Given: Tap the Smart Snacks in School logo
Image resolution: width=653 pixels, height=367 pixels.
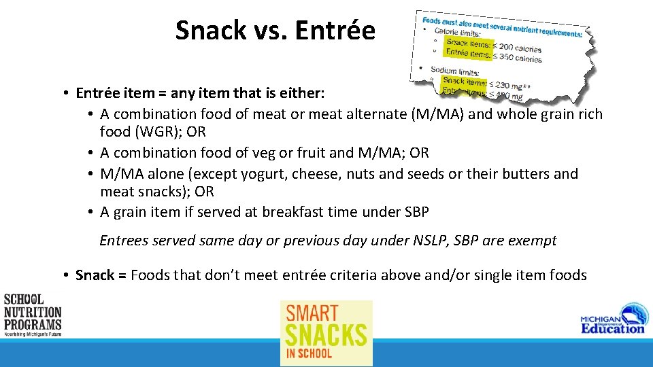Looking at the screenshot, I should coord(326,333).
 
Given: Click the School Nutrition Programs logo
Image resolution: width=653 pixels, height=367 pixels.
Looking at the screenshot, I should coord(32,314).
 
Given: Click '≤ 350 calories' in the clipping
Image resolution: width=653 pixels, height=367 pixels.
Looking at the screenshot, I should coord(518,58).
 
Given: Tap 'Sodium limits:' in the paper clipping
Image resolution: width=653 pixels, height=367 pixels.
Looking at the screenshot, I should coord(455,71).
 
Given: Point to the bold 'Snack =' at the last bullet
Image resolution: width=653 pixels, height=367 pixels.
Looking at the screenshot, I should coord(101,275).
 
